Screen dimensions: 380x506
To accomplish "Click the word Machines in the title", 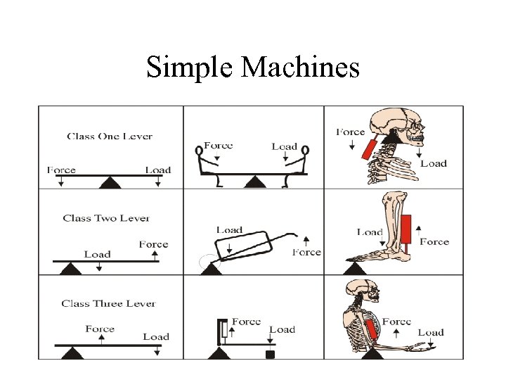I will [300, 68].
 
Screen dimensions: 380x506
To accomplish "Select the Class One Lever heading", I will [110, 136].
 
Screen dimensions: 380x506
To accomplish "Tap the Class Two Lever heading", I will [106, 218].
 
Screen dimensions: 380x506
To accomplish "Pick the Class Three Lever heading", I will [108, 303].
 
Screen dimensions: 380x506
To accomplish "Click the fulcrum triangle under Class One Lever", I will [109, 183].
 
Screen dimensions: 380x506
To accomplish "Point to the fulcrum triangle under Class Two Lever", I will [70, 268].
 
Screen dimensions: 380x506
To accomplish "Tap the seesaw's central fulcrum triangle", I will [254, 183].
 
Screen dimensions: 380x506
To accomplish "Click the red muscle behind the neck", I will [367, 148].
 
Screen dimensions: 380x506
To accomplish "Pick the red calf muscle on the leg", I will [405, 232].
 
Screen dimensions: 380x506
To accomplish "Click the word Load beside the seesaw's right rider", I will [285, 146].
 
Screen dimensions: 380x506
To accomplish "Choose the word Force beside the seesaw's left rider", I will [219, 146].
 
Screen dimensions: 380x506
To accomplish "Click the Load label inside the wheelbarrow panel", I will [230, 230].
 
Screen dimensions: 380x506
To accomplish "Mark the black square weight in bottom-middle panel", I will [269, 355].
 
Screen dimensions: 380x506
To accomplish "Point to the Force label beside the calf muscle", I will [434, 241].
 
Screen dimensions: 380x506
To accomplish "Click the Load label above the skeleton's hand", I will [431, 332].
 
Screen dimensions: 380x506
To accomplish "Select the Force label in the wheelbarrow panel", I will [307, 252].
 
